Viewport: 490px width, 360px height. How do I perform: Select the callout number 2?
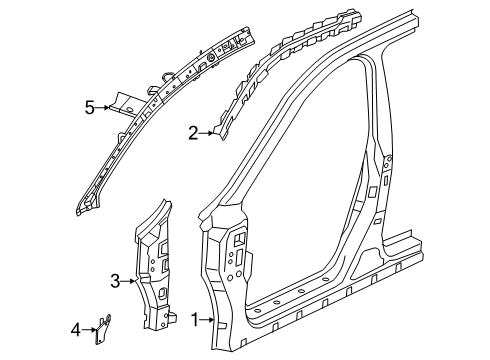tap(193, 133)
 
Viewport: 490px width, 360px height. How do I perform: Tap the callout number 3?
tap(115, 281)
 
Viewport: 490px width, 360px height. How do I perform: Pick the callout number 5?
tap(90, 108)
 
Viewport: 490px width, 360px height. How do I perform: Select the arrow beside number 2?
tap(206, 133)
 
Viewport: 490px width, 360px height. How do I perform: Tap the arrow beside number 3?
tap(128, 282)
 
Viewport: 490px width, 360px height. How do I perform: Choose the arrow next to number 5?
tap(103, 107)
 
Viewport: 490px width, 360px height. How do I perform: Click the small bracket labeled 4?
tap(103, 329)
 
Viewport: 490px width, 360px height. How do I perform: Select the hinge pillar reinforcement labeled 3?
tap(154, 267)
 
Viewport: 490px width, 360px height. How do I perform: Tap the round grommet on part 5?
tap(211, 58)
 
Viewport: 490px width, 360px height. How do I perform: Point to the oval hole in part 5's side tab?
tap(130, 109)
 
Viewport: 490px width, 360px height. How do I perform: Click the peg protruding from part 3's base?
tap(173, 317)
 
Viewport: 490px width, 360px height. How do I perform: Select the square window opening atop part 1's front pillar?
tap(241, 237)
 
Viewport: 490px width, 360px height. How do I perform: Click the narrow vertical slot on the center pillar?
tap(385, 181)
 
